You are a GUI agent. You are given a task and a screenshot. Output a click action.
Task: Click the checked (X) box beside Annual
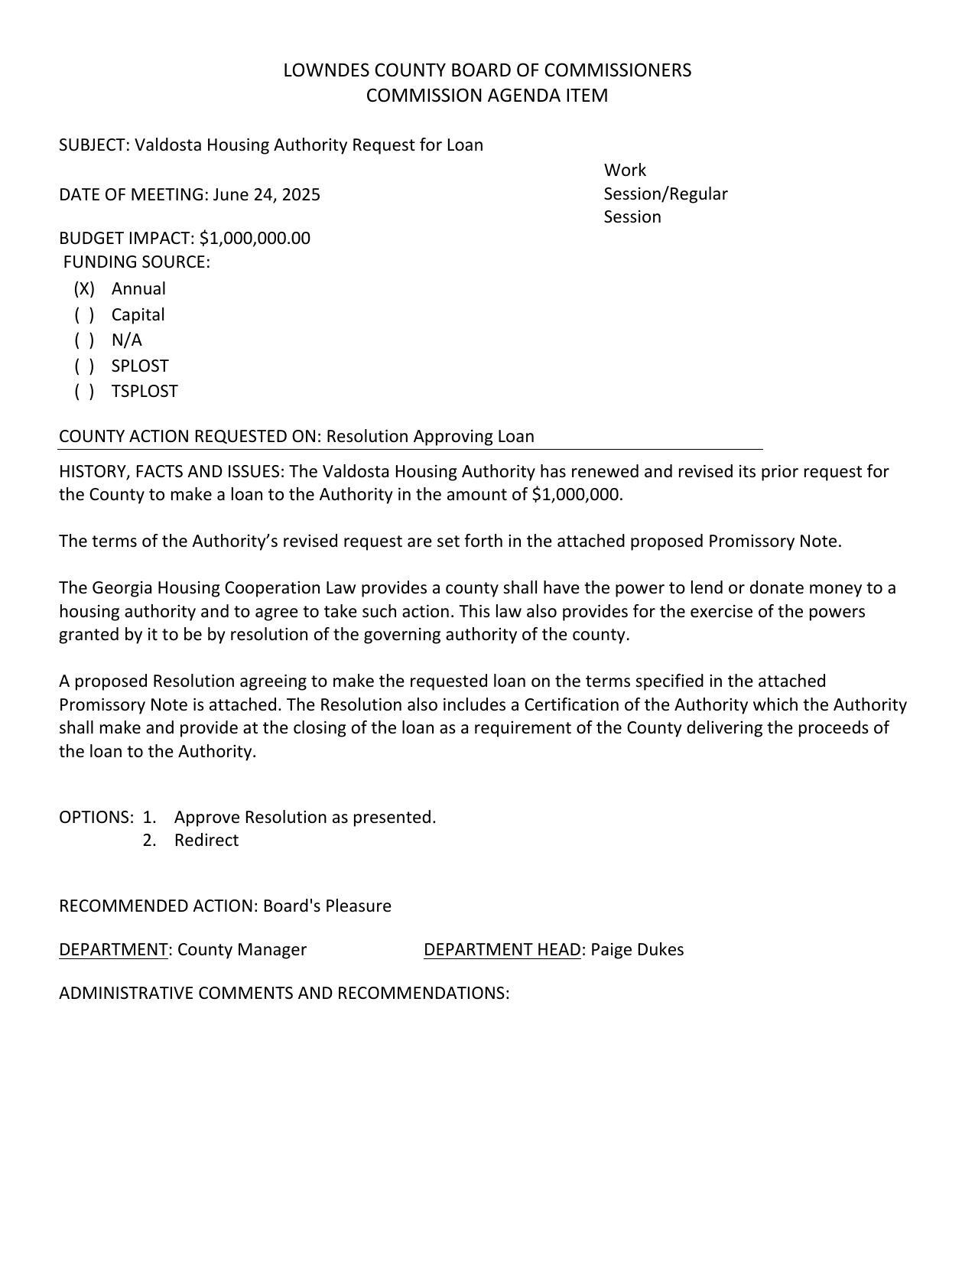click(x=84, y=289)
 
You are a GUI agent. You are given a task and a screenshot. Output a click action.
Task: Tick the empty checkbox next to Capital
click(x=84, y=315)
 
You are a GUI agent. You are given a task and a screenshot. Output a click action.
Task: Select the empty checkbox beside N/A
click(x=84, y=340)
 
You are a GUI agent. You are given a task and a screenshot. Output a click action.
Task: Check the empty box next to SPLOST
click(x=84, y=366)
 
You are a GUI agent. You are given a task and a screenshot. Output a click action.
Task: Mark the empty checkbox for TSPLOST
click(x=84, y=392)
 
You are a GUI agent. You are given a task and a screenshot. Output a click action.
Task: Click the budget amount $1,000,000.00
click(x=255, y=239)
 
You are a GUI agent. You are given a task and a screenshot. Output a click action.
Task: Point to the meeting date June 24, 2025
click(x=266, y=195)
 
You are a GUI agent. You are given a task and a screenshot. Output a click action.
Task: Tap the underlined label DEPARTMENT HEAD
click(x=502, y=950)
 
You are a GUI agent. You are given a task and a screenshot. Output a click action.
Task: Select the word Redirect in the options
click(x=206, y=841)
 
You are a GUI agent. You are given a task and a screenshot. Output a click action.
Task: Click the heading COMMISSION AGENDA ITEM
click(x=487, y=96)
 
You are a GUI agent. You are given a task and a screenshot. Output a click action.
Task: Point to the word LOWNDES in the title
click(x=316, y=70)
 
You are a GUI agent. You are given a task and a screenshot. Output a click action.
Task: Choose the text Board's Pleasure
click(x=327, y=906)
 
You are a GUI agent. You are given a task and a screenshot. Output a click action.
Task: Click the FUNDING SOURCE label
click(x=136, y=262)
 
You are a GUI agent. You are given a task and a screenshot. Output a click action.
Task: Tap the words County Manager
click(x=242, y=950)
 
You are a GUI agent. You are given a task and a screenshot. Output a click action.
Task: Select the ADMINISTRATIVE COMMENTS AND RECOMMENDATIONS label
click(x=284, y=994)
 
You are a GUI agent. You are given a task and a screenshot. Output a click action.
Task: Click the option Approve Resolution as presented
click(x=305, y=818)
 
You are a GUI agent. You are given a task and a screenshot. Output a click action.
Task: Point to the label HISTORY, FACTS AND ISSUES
click(x=172, y=471)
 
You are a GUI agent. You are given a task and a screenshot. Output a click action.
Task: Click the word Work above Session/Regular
click(x=625, y=171)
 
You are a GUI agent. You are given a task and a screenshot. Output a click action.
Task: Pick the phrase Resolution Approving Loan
click(x=430, y=437)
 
